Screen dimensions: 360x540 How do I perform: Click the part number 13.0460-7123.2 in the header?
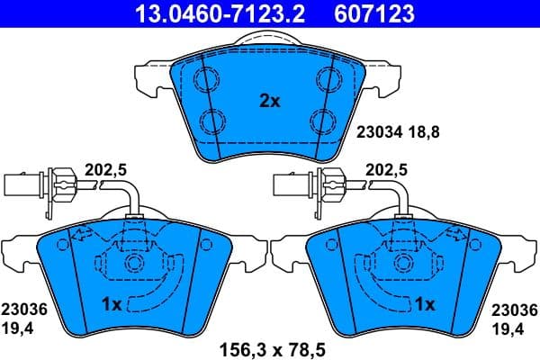(206, 13)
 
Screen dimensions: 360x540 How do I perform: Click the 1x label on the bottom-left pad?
(112, 305)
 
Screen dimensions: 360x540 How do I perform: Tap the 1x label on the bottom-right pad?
(423, 305)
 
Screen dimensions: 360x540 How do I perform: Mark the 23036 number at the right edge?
(516, 309)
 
